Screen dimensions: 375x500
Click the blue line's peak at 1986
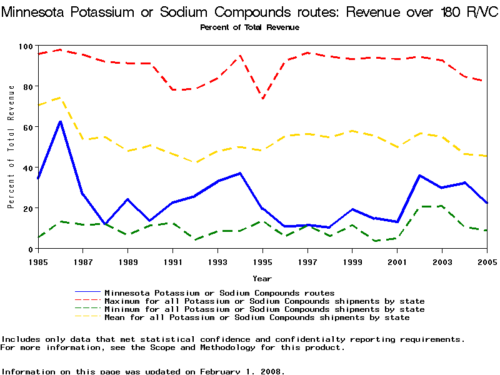[x=60, y=121]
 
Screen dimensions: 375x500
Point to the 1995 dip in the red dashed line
[x=263, y=98]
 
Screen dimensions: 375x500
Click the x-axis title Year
[x=262, y=278]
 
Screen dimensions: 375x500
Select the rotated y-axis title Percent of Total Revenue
[x=11, y=147]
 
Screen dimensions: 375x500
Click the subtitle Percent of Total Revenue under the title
[x=249, y=27]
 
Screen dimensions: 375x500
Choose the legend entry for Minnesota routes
[x=219, y=292]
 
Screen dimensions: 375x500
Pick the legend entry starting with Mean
[x=257, y=317]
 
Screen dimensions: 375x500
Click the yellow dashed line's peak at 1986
[x=60, y=97]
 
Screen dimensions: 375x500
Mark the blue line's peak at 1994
[x=241, y=173]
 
